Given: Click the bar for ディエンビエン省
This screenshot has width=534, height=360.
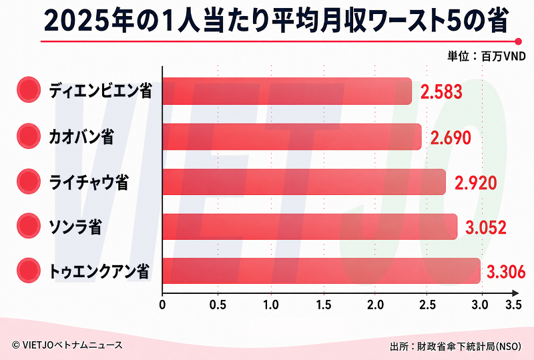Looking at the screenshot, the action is click(x=287, y=91).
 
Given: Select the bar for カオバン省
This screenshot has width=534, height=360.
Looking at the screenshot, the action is click(x=292, y=137).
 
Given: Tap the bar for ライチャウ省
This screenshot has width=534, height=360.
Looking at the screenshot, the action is click(x=304, y=182).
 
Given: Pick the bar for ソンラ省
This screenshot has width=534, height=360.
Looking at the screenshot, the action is click(x=310, y=226).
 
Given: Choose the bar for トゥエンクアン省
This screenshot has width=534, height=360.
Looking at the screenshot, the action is click(x=322, y=271).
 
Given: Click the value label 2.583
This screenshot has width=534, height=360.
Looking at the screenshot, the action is click(x=441, y=92).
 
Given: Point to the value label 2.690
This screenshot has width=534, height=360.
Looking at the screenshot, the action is click(x=451, y=138).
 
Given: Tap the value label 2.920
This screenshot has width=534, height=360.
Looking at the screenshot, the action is click(x=476, y=183).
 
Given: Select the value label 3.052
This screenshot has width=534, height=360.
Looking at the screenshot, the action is click(x=486, y=227).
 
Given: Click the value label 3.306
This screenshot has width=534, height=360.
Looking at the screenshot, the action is click(x=506, y=272).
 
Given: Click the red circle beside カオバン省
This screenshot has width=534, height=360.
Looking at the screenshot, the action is click(x=29, y=136).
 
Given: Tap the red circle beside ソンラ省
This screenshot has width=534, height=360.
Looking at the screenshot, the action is click(x=29, y=226).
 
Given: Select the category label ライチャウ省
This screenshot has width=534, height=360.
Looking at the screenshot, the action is click(x=89, y=182).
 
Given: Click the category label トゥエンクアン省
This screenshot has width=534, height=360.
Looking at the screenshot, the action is click(x=99, y=272).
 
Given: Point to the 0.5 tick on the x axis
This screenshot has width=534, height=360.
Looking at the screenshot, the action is click(x=218, y=305).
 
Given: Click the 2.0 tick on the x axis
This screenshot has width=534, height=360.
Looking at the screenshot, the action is click(x=375, y=305).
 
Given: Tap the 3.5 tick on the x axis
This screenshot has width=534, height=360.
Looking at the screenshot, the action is click(x=513, y=305).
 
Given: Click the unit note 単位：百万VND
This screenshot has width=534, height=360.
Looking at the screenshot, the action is click(x=487, y=56).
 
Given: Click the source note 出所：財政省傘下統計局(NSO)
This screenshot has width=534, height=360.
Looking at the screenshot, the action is click(x=456, y=347).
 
